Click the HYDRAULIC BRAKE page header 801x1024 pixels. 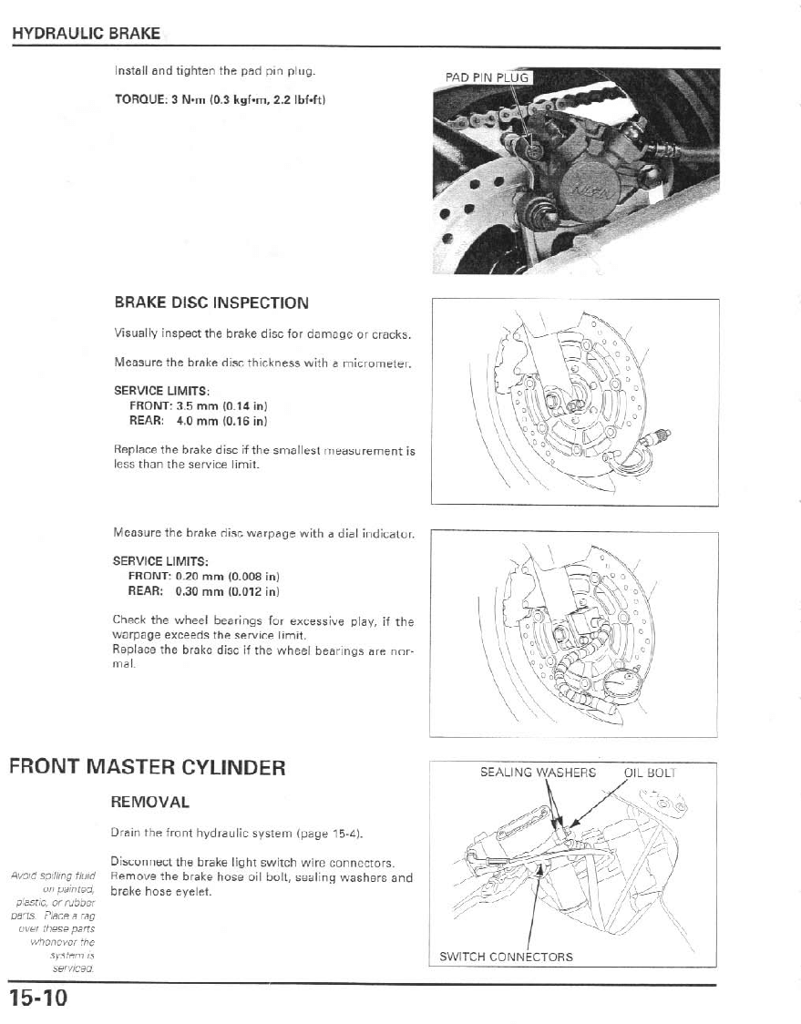86,35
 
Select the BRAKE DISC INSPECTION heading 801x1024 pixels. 211,302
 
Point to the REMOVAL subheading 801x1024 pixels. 149,803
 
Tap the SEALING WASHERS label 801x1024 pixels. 538,773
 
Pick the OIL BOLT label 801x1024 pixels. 650,773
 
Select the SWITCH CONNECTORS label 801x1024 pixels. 506,957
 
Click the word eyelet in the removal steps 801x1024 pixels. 195,892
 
